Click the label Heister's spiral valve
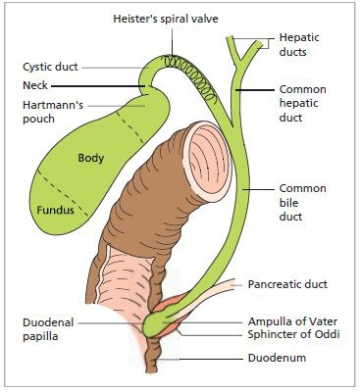point(166,19)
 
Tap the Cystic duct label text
point(50,67)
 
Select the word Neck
point(35,85)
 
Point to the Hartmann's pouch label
point(53,112)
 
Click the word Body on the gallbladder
point(91,158)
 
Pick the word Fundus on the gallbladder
point(55,210)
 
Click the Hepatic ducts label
point(299,44)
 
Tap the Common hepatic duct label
point(302,103)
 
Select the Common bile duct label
point(302,203)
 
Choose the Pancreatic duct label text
point(287,284)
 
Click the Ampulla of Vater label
point(292,321)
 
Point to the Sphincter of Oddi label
point(293,334)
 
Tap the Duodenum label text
point(277,358)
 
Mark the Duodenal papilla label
point(48,329)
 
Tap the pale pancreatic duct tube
point(209,296)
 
